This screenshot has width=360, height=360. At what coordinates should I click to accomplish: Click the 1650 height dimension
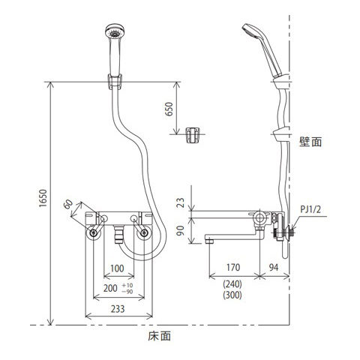[43, 198]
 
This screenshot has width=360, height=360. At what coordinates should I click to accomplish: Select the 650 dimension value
[169, 109]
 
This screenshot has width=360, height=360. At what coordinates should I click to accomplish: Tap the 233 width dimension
[118, 309]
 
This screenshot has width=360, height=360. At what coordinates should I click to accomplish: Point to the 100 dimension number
[117, 268]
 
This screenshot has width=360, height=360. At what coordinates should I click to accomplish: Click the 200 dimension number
[110, 288]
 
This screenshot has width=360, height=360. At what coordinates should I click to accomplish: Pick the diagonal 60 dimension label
[68, 204]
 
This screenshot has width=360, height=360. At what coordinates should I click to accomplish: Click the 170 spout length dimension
[233, 268]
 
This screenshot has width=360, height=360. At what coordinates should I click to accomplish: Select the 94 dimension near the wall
[274, 268]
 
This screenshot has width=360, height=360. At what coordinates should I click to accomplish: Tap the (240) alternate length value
[232, 284]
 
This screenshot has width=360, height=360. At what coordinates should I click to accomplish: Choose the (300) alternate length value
[232, 295]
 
